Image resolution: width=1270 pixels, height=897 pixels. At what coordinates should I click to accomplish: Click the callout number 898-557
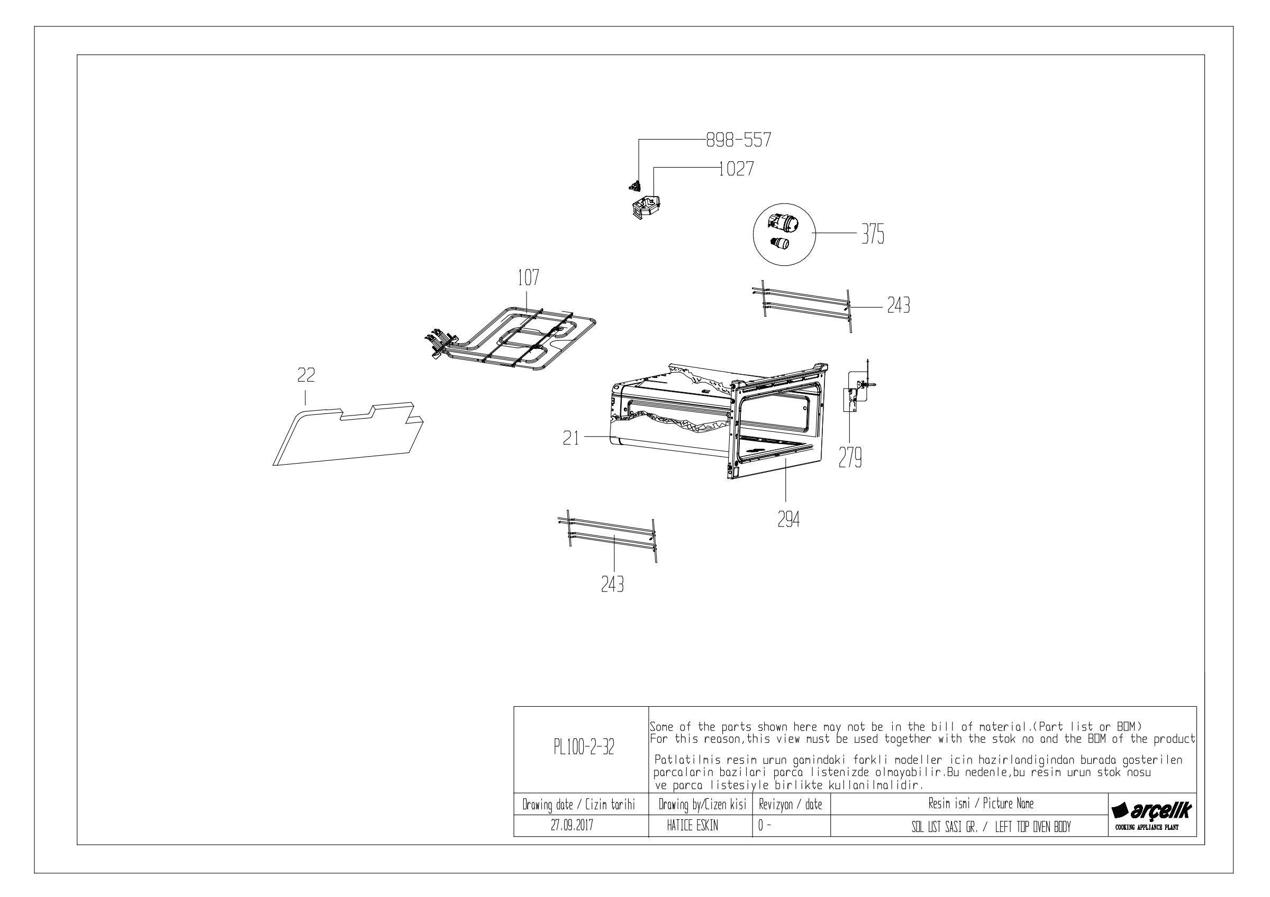click(738, 140)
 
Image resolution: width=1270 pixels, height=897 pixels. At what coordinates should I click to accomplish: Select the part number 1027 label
click(736, 169)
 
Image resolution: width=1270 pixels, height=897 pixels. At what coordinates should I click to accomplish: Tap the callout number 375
click(873, 235)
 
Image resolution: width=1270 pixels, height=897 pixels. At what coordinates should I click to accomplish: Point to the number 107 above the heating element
click(528, 278)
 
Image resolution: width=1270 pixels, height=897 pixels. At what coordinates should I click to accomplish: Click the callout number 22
click(306, 375)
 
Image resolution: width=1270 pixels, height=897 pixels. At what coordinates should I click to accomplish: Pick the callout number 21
click(571, 438)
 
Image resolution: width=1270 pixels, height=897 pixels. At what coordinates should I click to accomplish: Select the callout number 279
click(850, 458)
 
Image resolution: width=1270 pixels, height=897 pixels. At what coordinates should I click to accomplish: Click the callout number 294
click(788, 520)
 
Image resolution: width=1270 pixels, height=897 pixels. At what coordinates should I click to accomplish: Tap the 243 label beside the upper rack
click(899, 305)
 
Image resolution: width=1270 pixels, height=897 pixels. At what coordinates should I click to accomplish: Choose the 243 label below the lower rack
click(612, 584)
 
